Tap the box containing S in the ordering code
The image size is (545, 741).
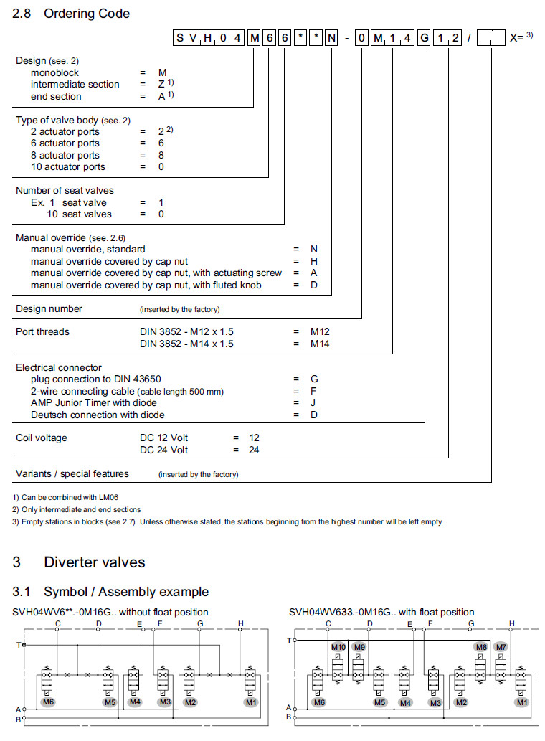click(180, 39)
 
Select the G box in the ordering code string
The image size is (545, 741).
click(424, 39)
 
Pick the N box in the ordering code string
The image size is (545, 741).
click(331, 39)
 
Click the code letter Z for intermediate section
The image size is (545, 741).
click(162, 85)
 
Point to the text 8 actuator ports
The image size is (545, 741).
click(65, 155)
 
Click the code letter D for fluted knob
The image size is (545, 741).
click(313, 285)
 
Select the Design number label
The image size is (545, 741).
click(49, 308)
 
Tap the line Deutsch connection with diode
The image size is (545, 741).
click(98, 415)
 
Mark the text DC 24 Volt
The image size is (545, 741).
click(163, 450)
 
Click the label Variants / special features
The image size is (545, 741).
click(72, 473)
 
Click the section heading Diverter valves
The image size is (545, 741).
click(94, 562)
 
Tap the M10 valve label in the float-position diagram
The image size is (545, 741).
click(338, 647)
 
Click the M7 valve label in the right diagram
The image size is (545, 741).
click(501, 647)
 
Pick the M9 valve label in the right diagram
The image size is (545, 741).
click(359, 647)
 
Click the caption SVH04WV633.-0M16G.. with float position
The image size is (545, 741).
click(381, 612)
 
